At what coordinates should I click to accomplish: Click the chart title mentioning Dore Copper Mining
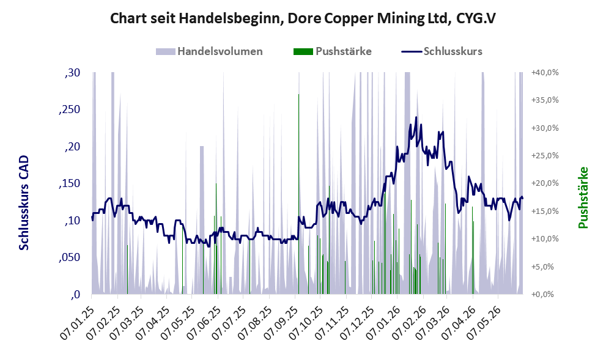pyautogui.click(x=303, y=18)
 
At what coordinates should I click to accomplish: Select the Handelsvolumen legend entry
pyautogui.click(x=209, y=51)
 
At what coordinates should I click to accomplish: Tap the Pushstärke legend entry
pyautogui.click(x=333, y=51)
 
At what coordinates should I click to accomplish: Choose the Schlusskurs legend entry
pyautogui.click(x=442, y=51)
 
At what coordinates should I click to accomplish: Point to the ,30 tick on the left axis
pyautogui.click(x=72, y=73)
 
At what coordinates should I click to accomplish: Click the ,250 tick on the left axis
pyautogui.click(x=69, y=109)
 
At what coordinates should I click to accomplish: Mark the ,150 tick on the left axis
pyautogui.click(x=69, y=183)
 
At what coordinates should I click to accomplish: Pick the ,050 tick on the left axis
pyautogui.click(x=69, y=258)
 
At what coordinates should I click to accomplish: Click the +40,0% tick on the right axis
pyautogui.click(x=545, y=73)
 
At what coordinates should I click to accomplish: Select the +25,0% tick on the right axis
pyautogui.click(x=545, y=156)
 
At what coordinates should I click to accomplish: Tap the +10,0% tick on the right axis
pyautogui.click(x=545, y=239)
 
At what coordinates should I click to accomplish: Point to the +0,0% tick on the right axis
pyautogui.click(x=542, y=295)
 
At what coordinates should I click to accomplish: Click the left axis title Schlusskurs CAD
pyautogui.click(x=24, y=202)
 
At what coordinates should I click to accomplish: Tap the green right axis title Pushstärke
pyautogui.click(x=583, y=197)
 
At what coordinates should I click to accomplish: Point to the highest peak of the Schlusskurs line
pyautogui.click(x=416, y=117)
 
